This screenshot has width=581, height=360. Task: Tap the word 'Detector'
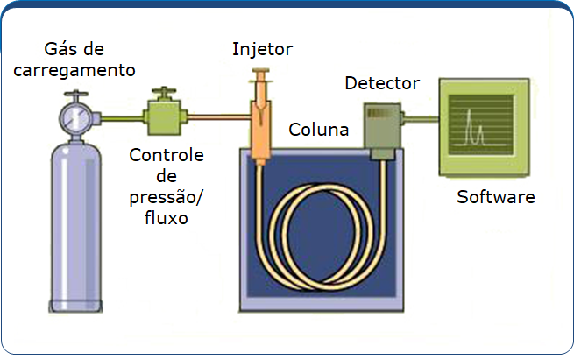[x=382, y=84]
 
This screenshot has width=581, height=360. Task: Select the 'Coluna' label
[x=319, y=131]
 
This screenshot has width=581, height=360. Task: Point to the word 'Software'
[x=495, y=197]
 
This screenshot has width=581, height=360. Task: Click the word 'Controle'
[x=167, y=156]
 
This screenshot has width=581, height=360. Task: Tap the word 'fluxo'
[x=166, y=218]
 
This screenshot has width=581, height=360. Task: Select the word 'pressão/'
[x=166, y=197]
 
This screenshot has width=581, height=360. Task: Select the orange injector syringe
[x=261, y=114]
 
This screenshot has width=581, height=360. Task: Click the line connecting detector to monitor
[x=421, y=118]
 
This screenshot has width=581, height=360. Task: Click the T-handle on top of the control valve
[x=163, y=90]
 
